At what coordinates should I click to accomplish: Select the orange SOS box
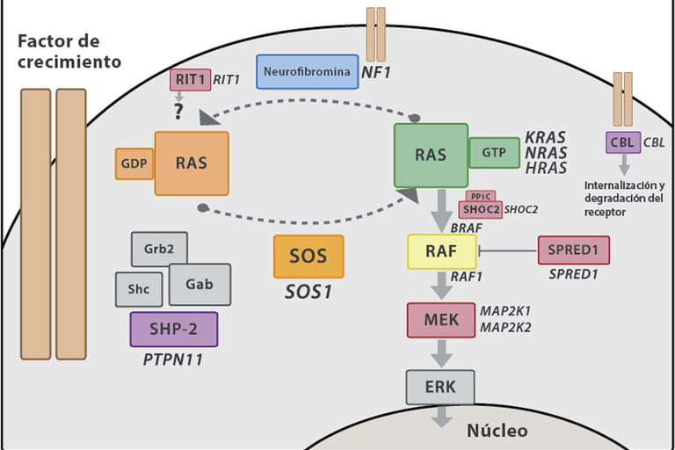click(x=308, y=257)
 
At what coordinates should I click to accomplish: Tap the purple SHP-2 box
click(x=173, y=329)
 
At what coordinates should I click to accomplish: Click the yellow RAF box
click(x=441, y=251)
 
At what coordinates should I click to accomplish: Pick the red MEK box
click(x=441, y=320)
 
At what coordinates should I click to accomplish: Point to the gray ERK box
click(x=440, y=386)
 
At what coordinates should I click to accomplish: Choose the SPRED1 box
click(x=573, y=250)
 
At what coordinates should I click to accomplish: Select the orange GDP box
click(x=134, y=163)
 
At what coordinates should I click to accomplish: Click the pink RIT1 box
click(x=189, y=79)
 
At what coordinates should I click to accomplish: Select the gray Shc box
click(x=139, y=289)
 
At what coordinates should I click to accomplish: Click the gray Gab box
click(x=200, y=285)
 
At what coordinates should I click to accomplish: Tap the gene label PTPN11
click(x=174, y=359)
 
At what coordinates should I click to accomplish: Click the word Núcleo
click(x=497, y=431)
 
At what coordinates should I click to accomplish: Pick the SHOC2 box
click(x=480, y=210)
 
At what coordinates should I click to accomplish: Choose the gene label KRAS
click(x=545, y=138)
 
